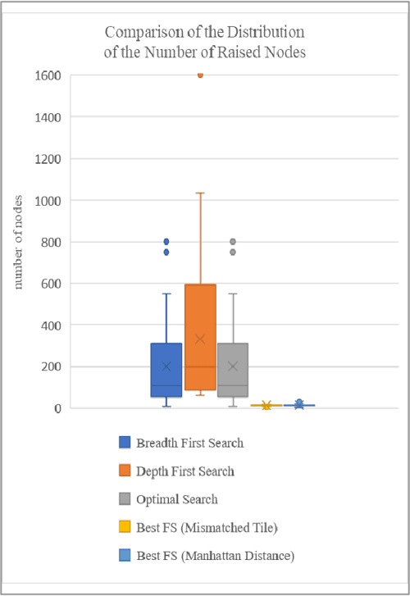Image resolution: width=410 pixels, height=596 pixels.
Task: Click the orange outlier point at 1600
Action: click(200, 75)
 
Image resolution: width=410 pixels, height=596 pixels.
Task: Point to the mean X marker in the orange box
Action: click(200, 339)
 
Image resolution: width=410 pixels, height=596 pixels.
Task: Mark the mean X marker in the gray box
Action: click(233, 366)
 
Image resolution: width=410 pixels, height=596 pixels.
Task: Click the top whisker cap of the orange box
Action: click(200, 193)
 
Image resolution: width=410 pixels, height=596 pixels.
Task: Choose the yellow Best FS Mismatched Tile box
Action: click(266, 405)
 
